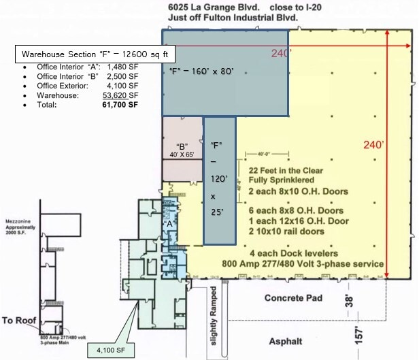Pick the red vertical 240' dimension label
coord(373,145)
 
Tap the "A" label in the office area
coord(170,223)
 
